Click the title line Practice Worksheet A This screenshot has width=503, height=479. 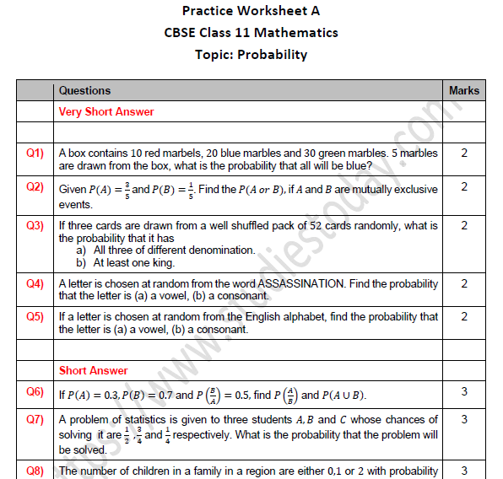[251, 11]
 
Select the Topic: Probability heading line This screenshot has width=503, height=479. [251, 55]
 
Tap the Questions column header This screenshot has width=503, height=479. [84, 90]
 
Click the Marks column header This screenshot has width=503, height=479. [463, 90]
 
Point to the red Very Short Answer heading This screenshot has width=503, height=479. [106, 111]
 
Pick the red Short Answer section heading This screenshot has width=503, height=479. [94, 370]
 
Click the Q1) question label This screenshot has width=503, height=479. [35, 153]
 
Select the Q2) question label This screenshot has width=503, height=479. [35, 187]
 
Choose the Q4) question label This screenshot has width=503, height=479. [35, 283]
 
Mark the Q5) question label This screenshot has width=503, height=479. [35, 317]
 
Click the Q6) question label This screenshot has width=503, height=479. [35, 391]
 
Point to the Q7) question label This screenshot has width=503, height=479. [35, 419]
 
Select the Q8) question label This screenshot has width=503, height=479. [35, 471]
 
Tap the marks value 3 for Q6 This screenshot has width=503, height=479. [463, 391]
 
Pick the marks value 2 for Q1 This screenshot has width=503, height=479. [463, 153]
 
